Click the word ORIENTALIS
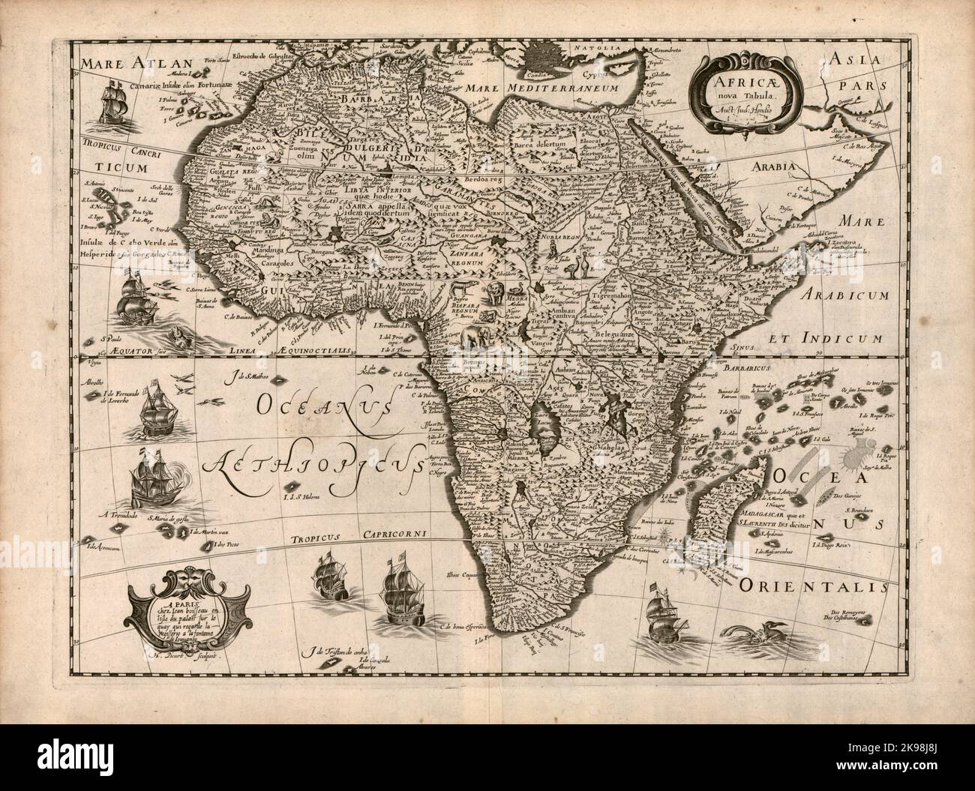[x=810, y=584]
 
